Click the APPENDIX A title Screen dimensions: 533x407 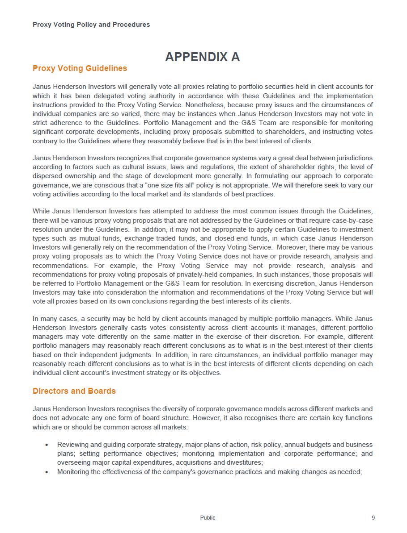(x=202, y=57)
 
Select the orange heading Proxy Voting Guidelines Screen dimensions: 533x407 (x=80, y=68)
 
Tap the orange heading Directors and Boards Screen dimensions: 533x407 (x=74, y=391)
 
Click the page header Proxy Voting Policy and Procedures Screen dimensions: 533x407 (x=91, y=25)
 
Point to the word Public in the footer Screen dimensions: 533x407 (x=208, y=518)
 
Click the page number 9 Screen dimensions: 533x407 (x=373, y=518)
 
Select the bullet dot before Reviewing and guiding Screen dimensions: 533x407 (x=47, y=445)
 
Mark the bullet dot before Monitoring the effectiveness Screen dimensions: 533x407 (x=47, y=472)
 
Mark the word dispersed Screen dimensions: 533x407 (x=47, y=176)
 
